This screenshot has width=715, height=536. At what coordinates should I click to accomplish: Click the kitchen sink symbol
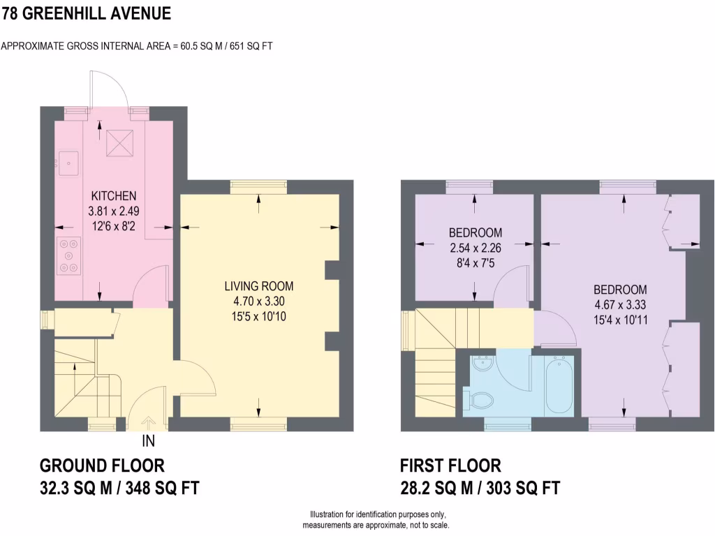click(68, 165)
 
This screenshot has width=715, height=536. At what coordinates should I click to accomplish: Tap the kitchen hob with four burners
click(69, 256)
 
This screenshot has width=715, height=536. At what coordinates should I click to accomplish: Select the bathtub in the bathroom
click(559, 385)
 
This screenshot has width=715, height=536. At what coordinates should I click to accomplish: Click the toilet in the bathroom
click(481, 400)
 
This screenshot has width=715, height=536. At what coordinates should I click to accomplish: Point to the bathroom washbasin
click(482, 366)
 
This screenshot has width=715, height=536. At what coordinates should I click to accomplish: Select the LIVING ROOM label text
click(258, 286)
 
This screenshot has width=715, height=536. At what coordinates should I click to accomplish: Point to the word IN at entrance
click(148, 441)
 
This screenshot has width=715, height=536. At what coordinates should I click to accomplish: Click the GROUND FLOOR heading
click(102, 466)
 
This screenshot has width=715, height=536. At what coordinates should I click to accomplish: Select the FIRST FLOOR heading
click(450, 466)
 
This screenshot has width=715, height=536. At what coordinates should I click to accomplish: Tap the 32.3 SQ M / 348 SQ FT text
click(124, 488)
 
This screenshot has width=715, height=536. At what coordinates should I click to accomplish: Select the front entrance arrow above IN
click(148, 422)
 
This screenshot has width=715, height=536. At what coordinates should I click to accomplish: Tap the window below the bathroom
click(507, 422)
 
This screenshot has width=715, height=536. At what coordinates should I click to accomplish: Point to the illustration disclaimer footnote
click(376, 519)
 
